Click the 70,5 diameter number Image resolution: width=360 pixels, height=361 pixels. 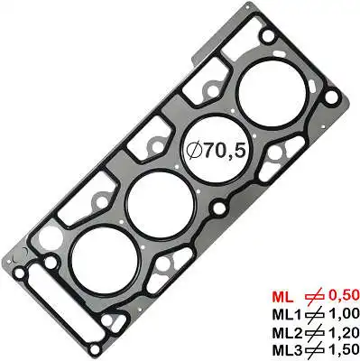tap(226, 151)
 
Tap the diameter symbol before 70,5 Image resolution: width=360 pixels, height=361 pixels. tap(195, 151)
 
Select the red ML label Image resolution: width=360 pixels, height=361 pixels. tap(282, 297)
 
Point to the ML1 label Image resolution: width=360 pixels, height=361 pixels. tap(287, 315)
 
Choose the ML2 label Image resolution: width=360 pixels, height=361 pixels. tap(287, 333)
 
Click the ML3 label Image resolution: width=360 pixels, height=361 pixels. tap(287, 350)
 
